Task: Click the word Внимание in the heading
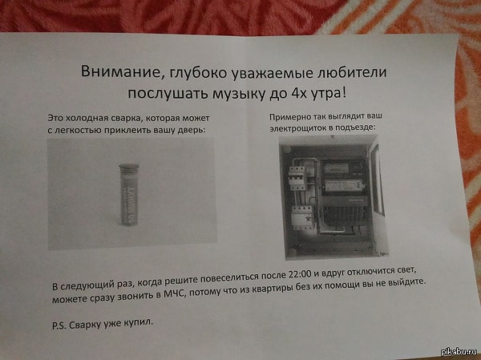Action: (x=113, y=73)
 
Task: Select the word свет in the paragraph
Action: (x=405, y=283)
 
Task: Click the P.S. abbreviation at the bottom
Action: (x=61, y=325)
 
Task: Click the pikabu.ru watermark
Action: (x=458, y=353)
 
